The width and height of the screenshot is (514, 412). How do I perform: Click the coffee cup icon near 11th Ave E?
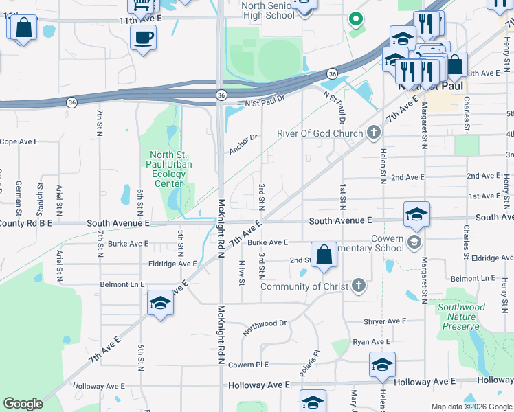[x=143, y=37]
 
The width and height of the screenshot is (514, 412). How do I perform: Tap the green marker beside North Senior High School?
[x=355, y=19]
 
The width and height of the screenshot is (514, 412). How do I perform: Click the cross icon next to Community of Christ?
[x=357, y=286]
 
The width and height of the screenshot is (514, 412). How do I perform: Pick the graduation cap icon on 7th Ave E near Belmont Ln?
[x=160, y=303]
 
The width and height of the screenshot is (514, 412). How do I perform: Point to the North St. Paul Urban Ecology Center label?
[x=169, y=169]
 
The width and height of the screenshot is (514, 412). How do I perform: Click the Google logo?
[x=23, y=404]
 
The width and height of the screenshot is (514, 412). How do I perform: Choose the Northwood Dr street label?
[x=264, y=323]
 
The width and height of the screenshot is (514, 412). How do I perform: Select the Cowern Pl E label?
[x=247, y=365]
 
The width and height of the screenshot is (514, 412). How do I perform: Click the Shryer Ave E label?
[x=385, y=321]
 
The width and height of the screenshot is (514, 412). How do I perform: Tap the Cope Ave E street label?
[x=17, y=141]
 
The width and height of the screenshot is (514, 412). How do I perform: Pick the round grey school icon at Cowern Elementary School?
[x=414, y=241]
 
